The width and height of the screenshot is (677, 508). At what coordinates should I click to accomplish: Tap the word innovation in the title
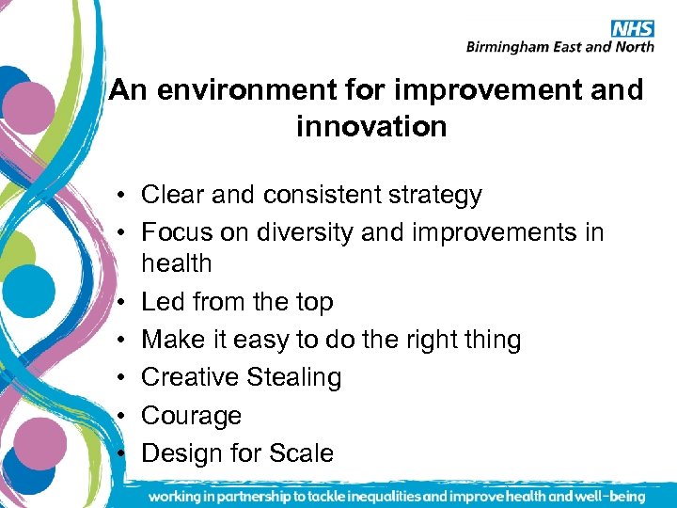pos(371,126)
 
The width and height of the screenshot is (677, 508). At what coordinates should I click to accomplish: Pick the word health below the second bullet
pos(177,263)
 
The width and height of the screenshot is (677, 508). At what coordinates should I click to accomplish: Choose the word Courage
pos(191,416)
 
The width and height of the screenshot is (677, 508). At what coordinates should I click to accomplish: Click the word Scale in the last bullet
pos(300,453)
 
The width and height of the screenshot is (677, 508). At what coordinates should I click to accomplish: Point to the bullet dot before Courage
pos(123,417)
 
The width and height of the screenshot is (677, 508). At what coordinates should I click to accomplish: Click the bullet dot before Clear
pos(123,197)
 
